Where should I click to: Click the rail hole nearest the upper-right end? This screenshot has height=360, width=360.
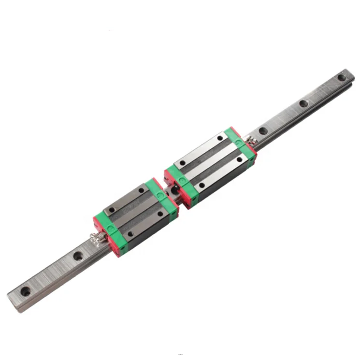342,77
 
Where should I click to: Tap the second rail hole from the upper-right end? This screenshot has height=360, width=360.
303,103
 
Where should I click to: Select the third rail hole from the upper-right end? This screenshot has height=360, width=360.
263,130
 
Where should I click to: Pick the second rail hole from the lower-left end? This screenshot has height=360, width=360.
78,256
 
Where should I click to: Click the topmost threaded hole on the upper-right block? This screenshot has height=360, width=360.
220,138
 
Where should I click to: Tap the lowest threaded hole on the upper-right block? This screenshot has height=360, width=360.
202,185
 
